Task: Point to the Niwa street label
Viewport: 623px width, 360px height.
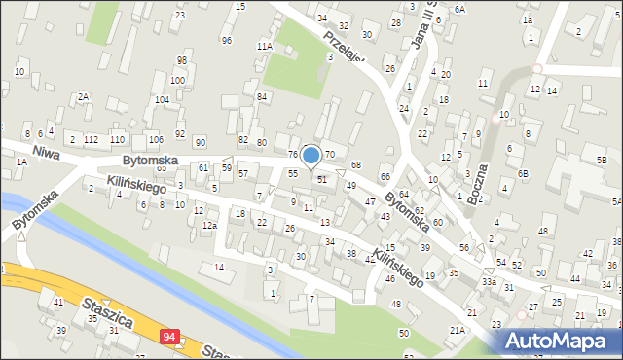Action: pyautogui.click(x=47, y=152)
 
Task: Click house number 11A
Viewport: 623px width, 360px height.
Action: pyautogui.click(x=264, y=46)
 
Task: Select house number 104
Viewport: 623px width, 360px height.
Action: pyautogui.click(x=162, y=100)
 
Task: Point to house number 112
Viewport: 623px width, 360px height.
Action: pyautogui.click(x=91, y=140)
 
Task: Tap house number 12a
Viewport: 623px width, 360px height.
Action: pyautogui.click(x=208, y=226)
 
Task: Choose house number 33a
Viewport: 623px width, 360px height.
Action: pyautogui.click(x=488, y=282)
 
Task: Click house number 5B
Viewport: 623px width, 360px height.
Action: pyautogui.click(x=602, y=159)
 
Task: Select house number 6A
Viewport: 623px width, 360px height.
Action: pyautogui.click(x=459, y=9)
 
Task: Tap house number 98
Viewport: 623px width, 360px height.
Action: pyautogui.click(x=181, y=60)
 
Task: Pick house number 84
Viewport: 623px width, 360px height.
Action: pyautogui.click(x=262, y=96)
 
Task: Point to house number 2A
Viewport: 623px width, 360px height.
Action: pyautogui.click(x=84, y=96)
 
